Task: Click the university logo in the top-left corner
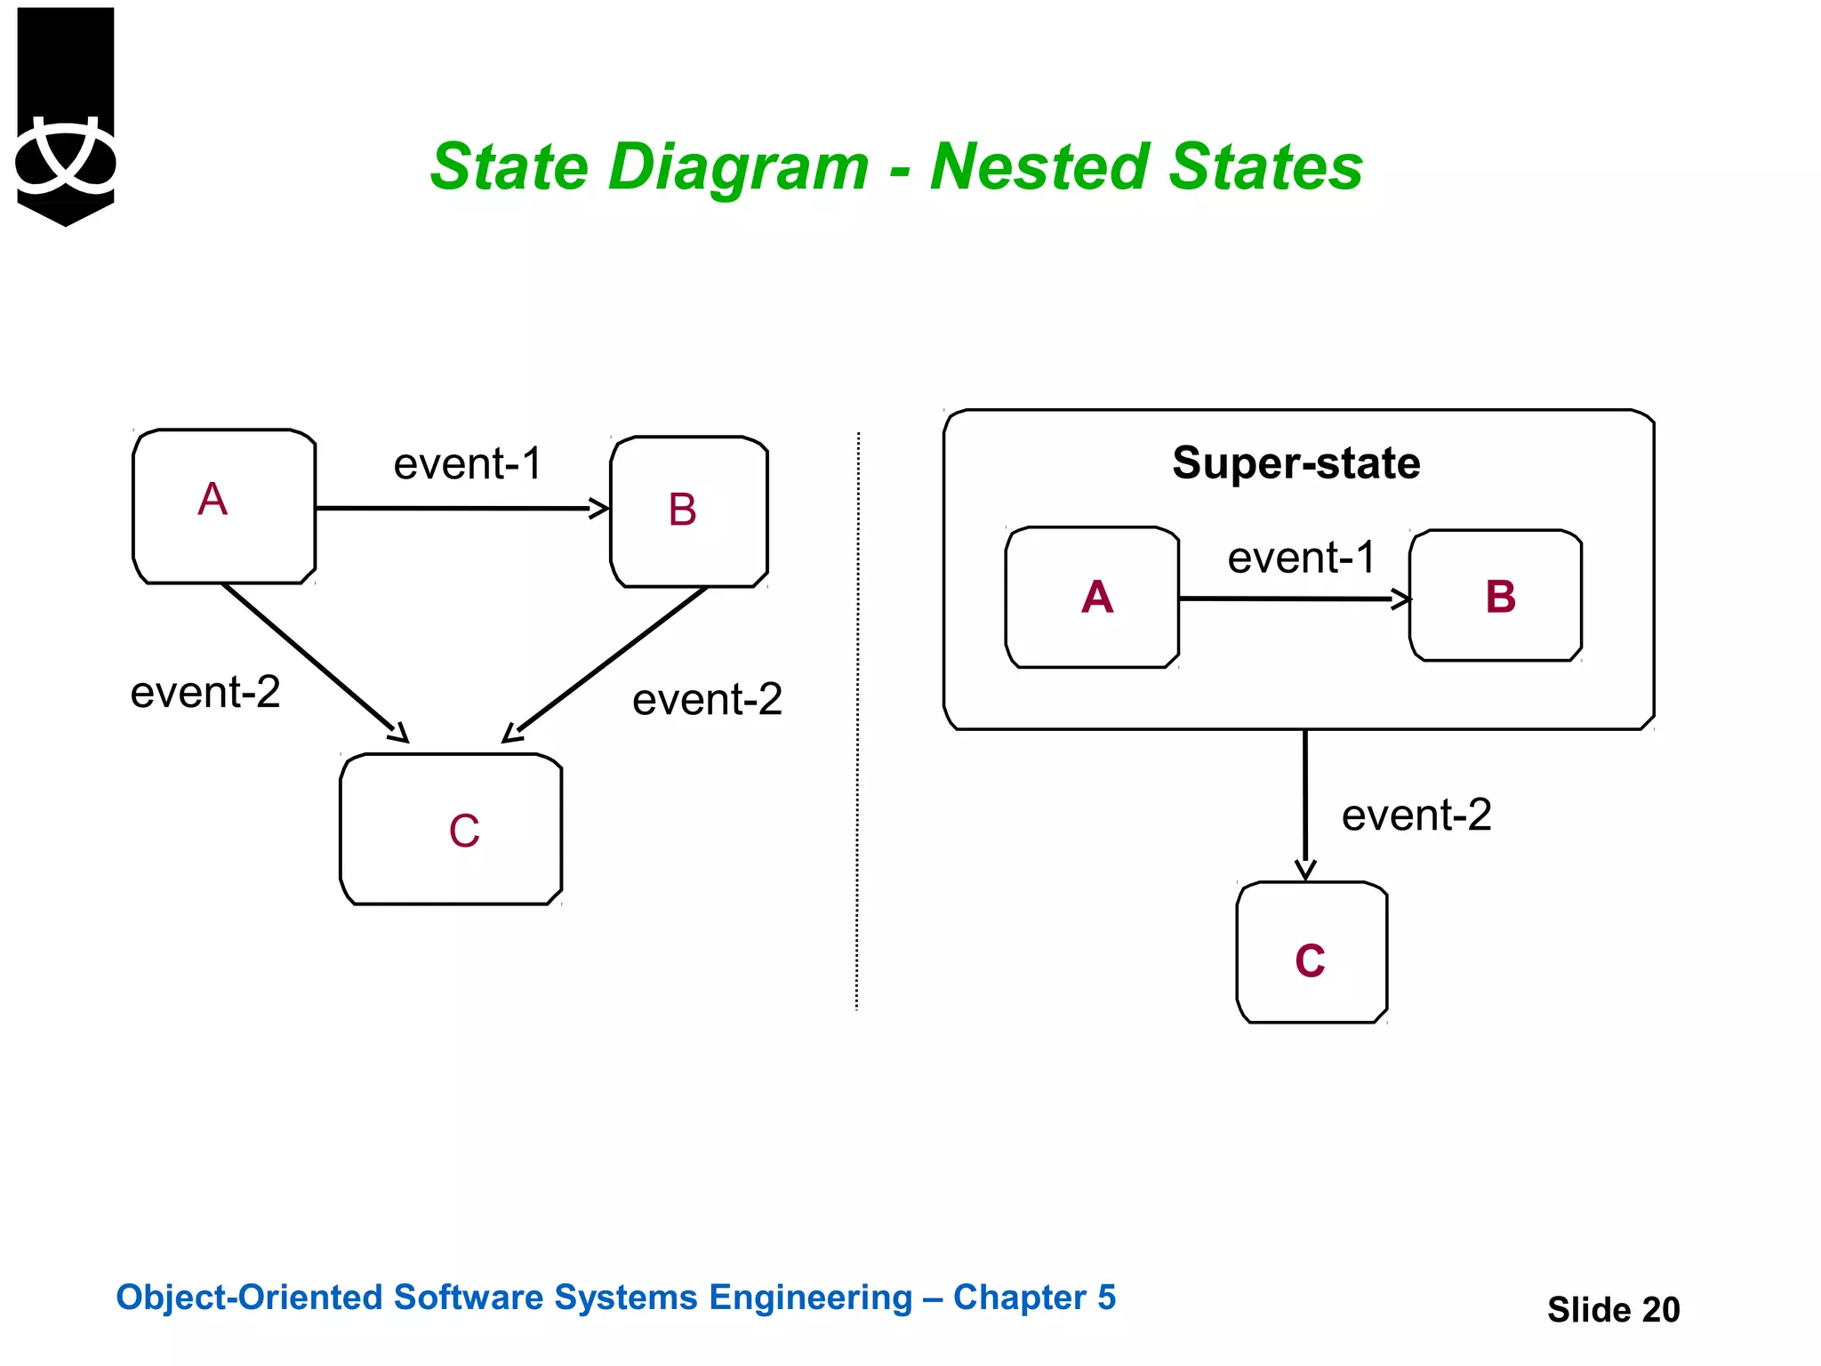click(x=65, y=116)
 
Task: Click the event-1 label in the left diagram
click(x=468, y=464)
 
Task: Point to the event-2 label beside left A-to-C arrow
click(x=205, y=692)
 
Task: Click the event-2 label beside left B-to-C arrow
click(x=707, y=699)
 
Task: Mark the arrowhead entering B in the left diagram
click(x=600, y=509)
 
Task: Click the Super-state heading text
click(x=1296, y=463)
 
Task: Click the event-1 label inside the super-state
click(x=1301, y=558)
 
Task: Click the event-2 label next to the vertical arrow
click(x=1416, y=815)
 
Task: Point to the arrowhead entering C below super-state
click(x=1305, y=870)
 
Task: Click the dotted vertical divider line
click(x=857, y=720)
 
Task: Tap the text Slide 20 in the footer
click(x=1613, y=1309)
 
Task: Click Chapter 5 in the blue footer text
click(x=1034, y=1298)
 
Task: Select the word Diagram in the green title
click(x=738, y=167)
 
